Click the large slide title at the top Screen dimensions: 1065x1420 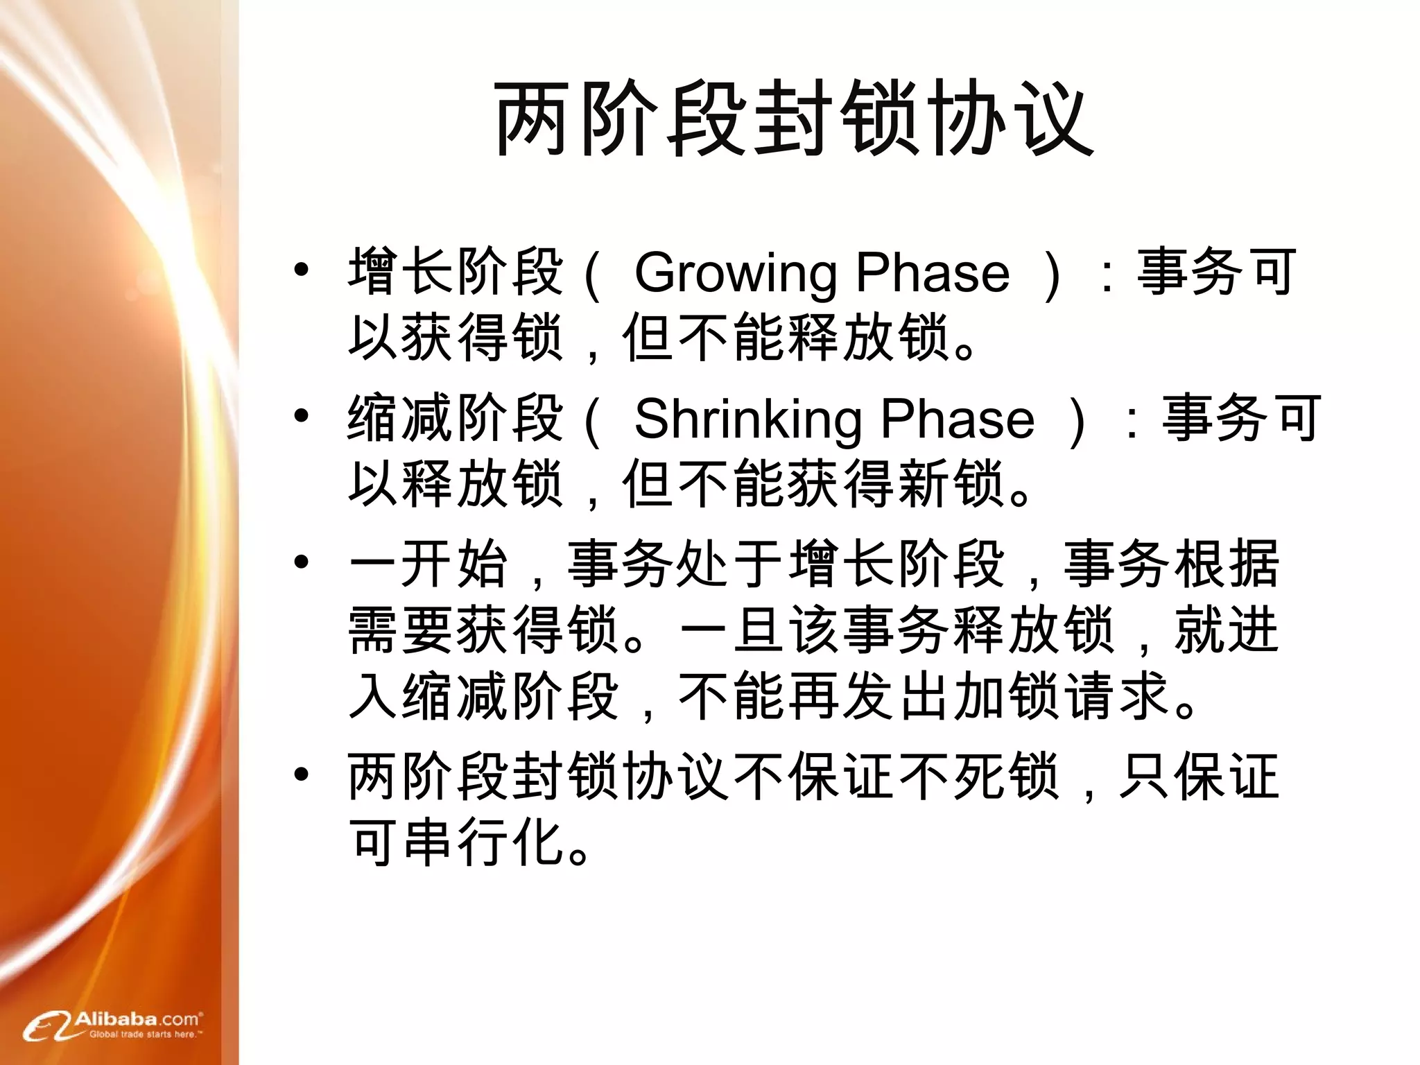pyautogui.click(x=793, y=118)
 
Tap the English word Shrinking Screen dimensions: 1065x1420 pyautogui.click(x=747, y=419)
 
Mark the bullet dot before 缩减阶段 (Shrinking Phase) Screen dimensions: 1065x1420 pyautogui.click(x=301, y=416)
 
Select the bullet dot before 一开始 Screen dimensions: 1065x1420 pyautogui.click(x=301, y=562)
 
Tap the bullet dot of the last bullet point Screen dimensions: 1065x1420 pyautogui.click(x=301, y=775)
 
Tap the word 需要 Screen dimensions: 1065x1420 pyautogui.click(x=401, y=630)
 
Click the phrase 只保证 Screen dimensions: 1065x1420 pyautogui.click(x=1200, y=777)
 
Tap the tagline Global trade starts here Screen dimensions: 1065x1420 pyautogui.click(x=145, y=1034)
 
